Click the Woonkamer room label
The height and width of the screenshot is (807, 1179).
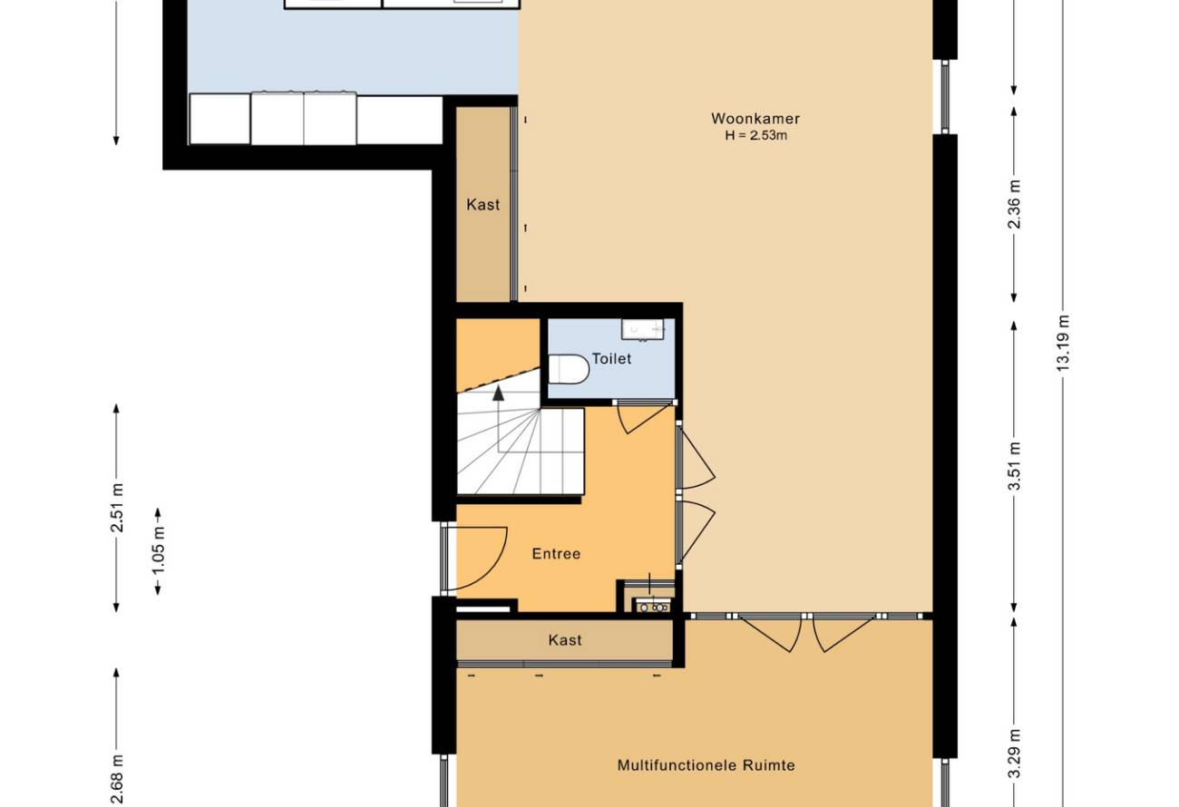coord(755,119)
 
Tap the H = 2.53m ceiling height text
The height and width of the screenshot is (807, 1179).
coord(755,135)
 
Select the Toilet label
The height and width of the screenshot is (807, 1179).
coord(611,359)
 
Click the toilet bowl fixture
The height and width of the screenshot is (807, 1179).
coord(569,369)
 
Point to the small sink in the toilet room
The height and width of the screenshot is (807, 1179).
coord(643,330)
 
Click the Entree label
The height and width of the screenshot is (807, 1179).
coord(556,553)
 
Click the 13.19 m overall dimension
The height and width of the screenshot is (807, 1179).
coord(1063,343)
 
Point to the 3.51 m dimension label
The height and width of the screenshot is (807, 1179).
coord(1014,466)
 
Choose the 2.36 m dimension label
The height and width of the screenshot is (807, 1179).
coord(1014,205)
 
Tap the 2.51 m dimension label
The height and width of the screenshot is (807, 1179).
coord(116,508)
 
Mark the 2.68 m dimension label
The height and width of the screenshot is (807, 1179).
coord(116,782)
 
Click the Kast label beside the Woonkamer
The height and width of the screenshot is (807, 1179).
coord(482,204)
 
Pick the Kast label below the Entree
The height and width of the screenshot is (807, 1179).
coord(565,640)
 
